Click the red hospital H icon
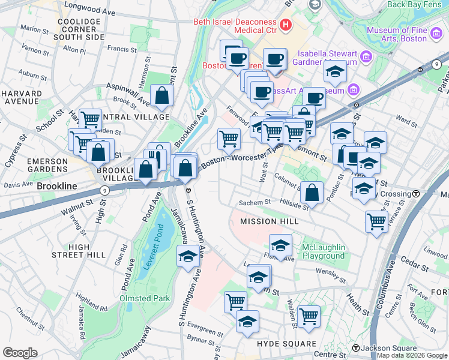pos(286,25)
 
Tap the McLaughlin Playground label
pos(323,252)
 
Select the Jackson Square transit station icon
pos(356,348)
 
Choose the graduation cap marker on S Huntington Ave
pos(188,256)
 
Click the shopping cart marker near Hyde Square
pos(309,316)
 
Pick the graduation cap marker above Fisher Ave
pos(280,245)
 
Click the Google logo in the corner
pos(20,352)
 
